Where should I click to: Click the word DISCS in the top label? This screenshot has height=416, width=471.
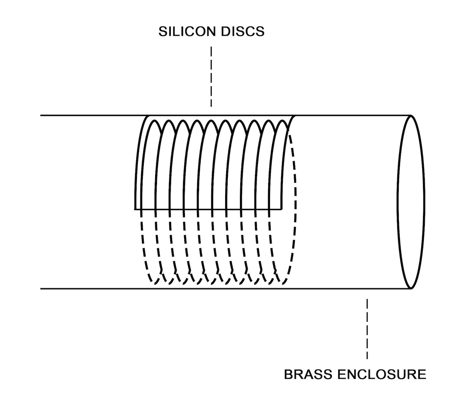(243, 32)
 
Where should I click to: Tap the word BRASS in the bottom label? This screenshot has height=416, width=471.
(308, 375)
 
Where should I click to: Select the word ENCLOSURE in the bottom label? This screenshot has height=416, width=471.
(382, 375)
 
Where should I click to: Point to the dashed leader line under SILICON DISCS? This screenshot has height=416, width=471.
(211, 77)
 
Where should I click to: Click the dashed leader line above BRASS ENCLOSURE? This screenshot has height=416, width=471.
(367, 329)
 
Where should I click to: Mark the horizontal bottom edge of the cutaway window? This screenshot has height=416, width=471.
(208, 209)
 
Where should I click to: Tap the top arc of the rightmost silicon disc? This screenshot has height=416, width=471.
(283, 121)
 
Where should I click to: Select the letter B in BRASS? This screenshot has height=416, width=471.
(289, 375)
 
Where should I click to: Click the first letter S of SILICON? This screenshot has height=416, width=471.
(163, 32)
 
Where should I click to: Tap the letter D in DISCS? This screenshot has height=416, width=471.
(225, 32)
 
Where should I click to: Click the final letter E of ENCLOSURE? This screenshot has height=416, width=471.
(422, 375)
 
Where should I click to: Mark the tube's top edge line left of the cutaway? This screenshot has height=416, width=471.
(94, 115)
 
